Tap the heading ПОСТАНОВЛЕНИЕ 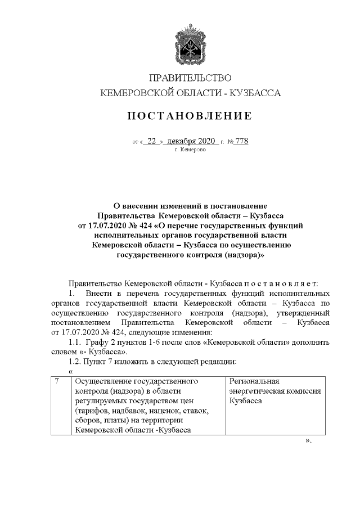click(x=190, y=116)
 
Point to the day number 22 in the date click(x=151, y=142)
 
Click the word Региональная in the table click(x=254, y=382)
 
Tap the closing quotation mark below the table click(x=308, y=440)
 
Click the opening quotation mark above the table click(x=70, y=371)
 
